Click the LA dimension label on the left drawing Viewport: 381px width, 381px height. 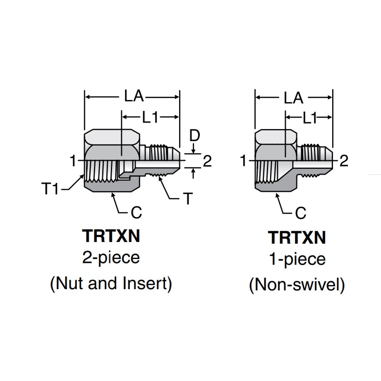pyautogui.click(x=134, y=97)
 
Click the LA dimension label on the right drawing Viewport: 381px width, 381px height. pyautogui.click(x=293, y=98)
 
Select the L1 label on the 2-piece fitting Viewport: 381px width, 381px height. pyautogui.click(x=150, y=118)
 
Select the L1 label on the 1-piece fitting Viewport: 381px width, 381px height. pyautogui.click(x=310, y=119)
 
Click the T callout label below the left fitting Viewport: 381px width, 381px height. pyautogui.click(x=188, y=199)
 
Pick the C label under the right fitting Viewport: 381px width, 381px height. pyautogui.click(x=301, y=213)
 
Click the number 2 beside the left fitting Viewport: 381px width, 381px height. pyautogui.click(x=207, y=162)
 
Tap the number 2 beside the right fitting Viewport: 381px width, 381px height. pyautogui.click(x=344, y=162)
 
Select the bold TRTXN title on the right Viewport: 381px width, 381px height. pyautogui.click(x=297, y=238)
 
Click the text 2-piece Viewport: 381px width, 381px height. pyautogui.click(x=111, y=258)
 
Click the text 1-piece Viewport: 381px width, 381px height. pyautogui.click(x=297, y=259)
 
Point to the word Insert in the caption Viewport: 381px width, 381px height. pyautogui.click(x=148, y=284)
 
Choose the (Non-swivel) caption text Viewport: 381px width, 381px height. pyautogui.click(x=297, y=285)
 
